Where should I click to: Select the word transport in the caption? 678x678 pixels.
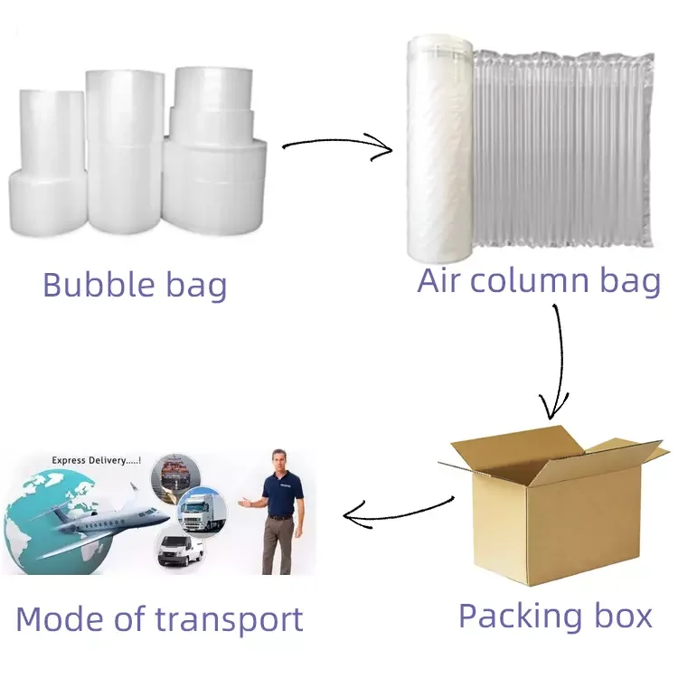point(230,620)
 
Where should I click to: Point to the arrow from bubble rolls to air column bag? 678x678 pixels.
point(336,145)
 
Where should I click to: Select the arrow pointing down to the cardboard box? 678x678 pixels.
point(555,362)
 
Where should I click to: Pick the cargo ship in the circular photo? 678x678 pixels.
point(176,479)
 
